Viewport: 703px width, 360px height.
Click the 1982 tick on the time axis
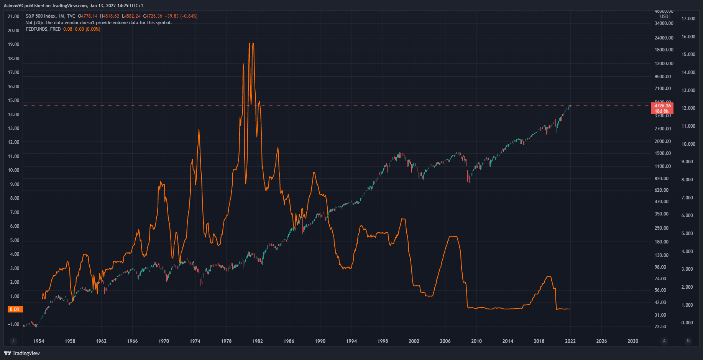pyautogui.click(x=258, y=341)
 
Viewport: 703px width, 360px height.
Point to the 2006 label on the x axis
pyautogui.click(x=445, y=341)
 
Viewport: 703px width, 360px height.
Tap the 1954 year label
pyautogui.click(x=39, y=341)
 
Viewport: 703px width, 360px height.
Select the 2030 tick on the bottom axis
pyautogui.click(x=633, y=341)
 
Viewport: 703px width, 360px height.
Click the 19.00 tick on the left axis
pyautogui.click(x=13, y=44)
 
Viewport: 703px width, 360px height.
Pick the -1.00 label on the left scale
pyautogui.click(x=13, y=324)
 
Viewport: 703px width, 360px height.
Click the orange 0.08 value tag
pyautogui.click(x=15, y=309)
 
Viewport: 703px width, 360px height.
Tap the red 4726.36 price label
pyautogui.click(x=662, y=106)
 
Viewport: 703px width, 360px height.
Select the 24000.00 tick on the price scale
pyautogui.click(x=664, y=38)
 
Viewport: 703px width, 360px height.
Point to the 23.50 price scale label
pyautogui.click(x=660, y=327)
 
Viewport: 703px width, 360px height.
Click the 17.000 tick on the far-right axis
pyautogui.click(x=688, y=19)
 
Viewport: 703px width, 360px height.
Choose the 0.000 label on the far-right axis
pyautogui.click(x=687, y=323)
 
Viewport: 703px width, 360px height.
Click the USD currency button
pyautogui.click(x=664, y=16)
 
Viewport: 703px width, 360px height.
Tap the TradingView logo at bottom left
pyautogui.click(x=22, y=353)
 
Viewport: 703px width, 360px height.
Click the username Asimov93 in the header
pyautogui.click(x=13, y=6)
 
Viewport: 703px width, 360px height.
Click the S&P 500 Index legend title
pyautogui.click(x=41, y=16)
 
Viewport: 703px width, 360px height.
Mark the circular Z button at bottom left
pyautogui.click(x=13, y=341)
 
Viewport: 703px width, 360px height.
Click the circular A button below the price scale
pyautogui.click(x=664, y=341)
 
